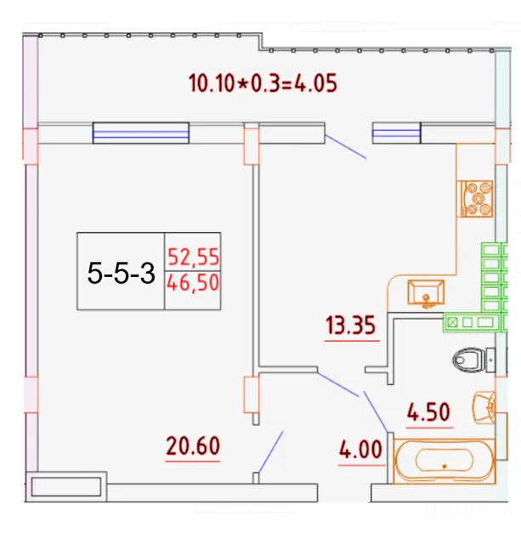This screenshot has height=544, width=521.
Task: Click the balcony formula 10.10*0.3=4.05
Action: coord(263,83)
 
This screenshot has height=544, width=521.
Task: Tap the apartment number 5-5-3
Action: coord(121,273)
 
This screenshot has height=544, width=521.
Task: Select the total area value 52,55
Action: coord(193,257)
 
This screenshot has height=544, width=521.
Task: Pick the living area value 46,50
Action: coord(193,282)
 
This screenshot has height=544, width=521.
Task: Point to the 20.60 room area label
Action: coord(193,445)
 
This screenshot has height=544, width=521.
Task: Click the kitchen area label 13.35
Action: coord(351,326)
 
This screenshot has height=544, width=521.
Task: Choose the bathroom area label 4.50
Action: coord(428,412)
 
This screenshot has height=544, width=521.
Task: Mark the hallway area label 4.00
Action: coord(360,450)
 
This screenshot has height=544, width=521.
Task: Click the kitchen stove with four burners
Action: coord(476,198)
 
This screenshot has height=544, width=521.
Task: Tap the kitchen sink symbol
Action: coord(426,293)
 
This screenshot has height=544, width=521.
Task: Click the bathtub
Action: coord(445,461)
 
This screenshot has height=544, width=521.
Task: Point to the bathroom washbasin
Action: coord(484,407)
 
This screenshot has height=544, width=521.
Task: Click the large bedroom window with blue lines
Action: coord(141,133)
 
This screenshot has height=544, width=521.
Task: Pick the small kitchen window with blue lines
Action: coord(396,133)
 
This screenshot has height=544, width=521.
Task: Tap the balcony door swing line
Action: coord(345,147)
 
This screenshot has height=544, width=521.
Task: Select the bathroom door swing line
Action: coord(376,412)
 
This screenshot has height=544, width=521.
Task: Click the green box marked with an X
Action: coord(452,323)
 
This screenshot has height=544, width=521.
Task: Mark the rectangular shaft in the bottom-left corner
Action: coord(66,487)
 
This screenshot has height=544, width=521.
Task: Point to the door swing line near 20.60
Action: coord(270,452)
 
